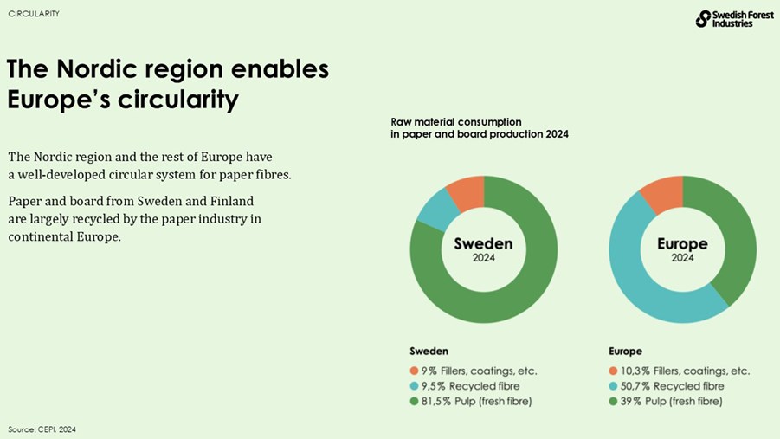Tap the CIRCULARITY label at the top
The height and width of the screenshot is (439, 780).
(34, 14)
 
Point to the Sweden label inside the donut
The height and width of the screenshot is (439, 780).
(483, 244)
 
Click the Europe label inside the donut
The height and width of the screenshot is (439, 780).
(682, 244)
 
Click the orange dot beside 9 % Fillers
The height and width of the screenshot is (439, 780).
(415, 371)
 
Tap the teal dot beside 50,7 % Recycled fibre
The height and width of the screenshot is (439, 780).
(614, 386)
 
